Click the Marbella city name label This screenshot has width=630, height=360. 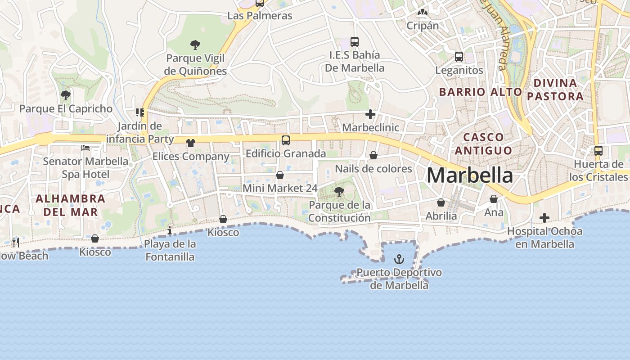click(469, 175)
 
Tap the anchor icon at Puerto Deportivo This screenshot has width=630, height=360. click(399, 259)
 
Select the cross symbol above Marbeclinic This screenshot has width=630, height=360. click(370, 114)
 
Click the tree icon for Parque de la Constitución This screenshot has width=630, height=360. click(339, 192)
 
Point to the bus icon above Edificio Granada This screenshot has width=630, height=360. click(286, 140)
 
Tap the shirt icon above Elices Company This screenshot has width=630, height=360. click(191, 143)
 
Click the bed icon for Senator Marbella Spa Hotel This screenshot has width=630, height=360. click(85, 148)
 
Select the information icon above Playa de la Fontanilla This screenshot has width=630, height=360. click(170, 231)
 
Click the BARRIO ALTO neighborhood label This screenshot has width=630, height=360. click(480, 92)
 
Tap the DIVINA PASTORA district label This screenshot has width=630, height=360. click(555, 90)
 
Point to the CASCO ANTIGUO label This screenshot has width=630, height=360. click(483, 144)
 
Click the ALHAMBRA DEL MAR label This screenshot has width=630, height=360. click(70, 205)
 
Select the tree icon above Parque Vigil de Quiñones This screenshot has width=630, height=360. click(195, 45)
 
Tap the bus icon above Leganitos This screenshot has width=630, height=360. click(459, 57)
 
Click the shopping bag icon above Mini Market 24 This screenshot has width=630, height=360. click(280, 175)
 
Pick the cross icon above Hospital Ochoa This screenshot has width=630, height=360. click(544, 218)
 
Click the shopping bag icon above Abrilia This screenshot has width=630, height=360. click(441, 202)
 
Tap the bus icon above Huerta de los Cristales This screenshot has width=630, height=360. click(598, 151)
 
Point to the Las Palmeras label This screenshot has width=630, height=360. click(260, 16)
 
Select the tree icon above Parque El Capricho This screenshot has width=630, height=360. click(66, 95)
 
